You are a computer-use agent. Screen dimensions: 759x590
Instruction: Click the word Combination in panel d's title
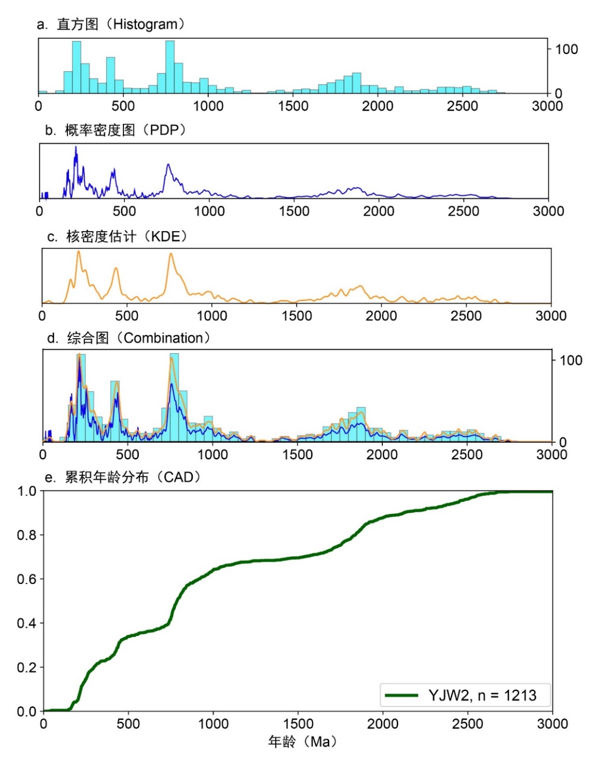[163, 338]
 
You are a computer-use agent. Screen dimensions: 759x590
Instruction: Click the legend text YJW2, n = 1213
[482, 696]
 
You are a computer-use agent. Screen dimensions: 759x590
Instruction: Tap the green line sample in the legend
[401, 696]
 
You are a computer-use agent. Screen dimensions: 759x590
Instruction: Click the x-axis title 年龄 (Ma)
[302, 742]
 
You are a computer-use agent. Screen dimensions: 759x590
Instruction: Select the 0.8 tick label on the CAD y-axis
[27, 535]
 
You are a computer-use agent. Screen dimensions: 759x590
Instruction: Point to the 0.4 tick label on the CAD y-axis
[27, 623]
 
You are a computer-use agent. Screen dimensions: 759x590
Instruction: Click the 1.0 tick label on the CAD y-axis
[27, 491]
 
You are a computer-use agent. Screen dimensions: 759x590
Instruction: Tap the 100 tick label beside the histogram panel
[566, 49]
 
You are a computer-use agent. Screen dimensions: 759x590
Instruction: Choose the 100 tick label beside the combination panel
[571, 360]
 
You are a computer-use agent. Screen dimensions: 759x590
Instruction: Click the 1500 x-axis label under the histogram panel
[293, 106]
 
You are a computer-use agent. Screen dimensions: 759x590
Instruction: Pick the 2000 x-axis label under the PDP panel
[379, 211]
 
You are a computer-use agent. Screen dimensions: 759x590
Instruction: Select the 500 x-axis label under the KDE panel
[127, 316]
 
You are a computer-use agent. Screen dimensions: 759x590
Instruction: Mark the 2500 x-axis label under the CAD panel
[468, 724]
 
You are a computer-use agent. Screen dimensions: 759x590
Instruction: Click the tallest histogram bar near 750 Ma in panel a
[170, 67]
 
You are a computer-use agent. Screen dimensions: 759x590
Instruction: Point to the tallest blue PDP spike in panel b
[76, 147]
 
